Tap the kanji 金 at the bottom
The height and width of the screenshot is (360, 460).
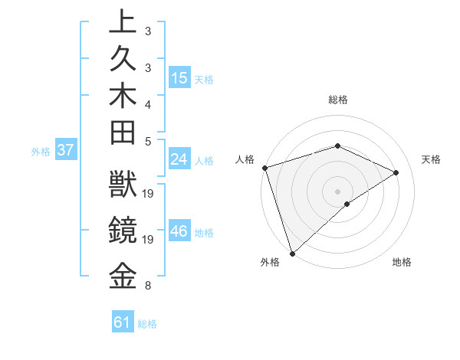[123, 276]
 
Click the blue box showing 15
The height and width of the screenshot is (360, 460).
[179, 77]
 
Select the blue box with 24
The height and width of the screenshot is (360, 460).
[179, 159]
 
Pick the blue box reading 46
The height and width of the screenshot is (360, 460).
[179, 231]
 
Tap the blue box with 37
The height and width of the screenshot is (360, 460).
[66, 150]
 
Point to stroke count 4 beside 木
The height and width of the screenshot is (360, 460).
[147, 103]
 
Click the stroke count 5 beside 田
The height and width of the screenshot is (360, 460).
[147, 141]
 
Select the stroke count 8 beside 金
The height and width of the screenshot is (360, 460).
[147, 286]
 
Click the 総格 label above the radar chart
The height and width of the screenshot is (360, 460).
[337, 100]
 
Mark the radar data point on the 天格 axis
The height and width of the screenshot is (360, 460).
[396, 172]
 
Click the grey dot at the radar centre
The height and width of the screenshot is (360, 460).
[337, 191]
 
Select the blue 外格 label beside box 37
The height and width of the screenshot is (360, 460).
[41, 152]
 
